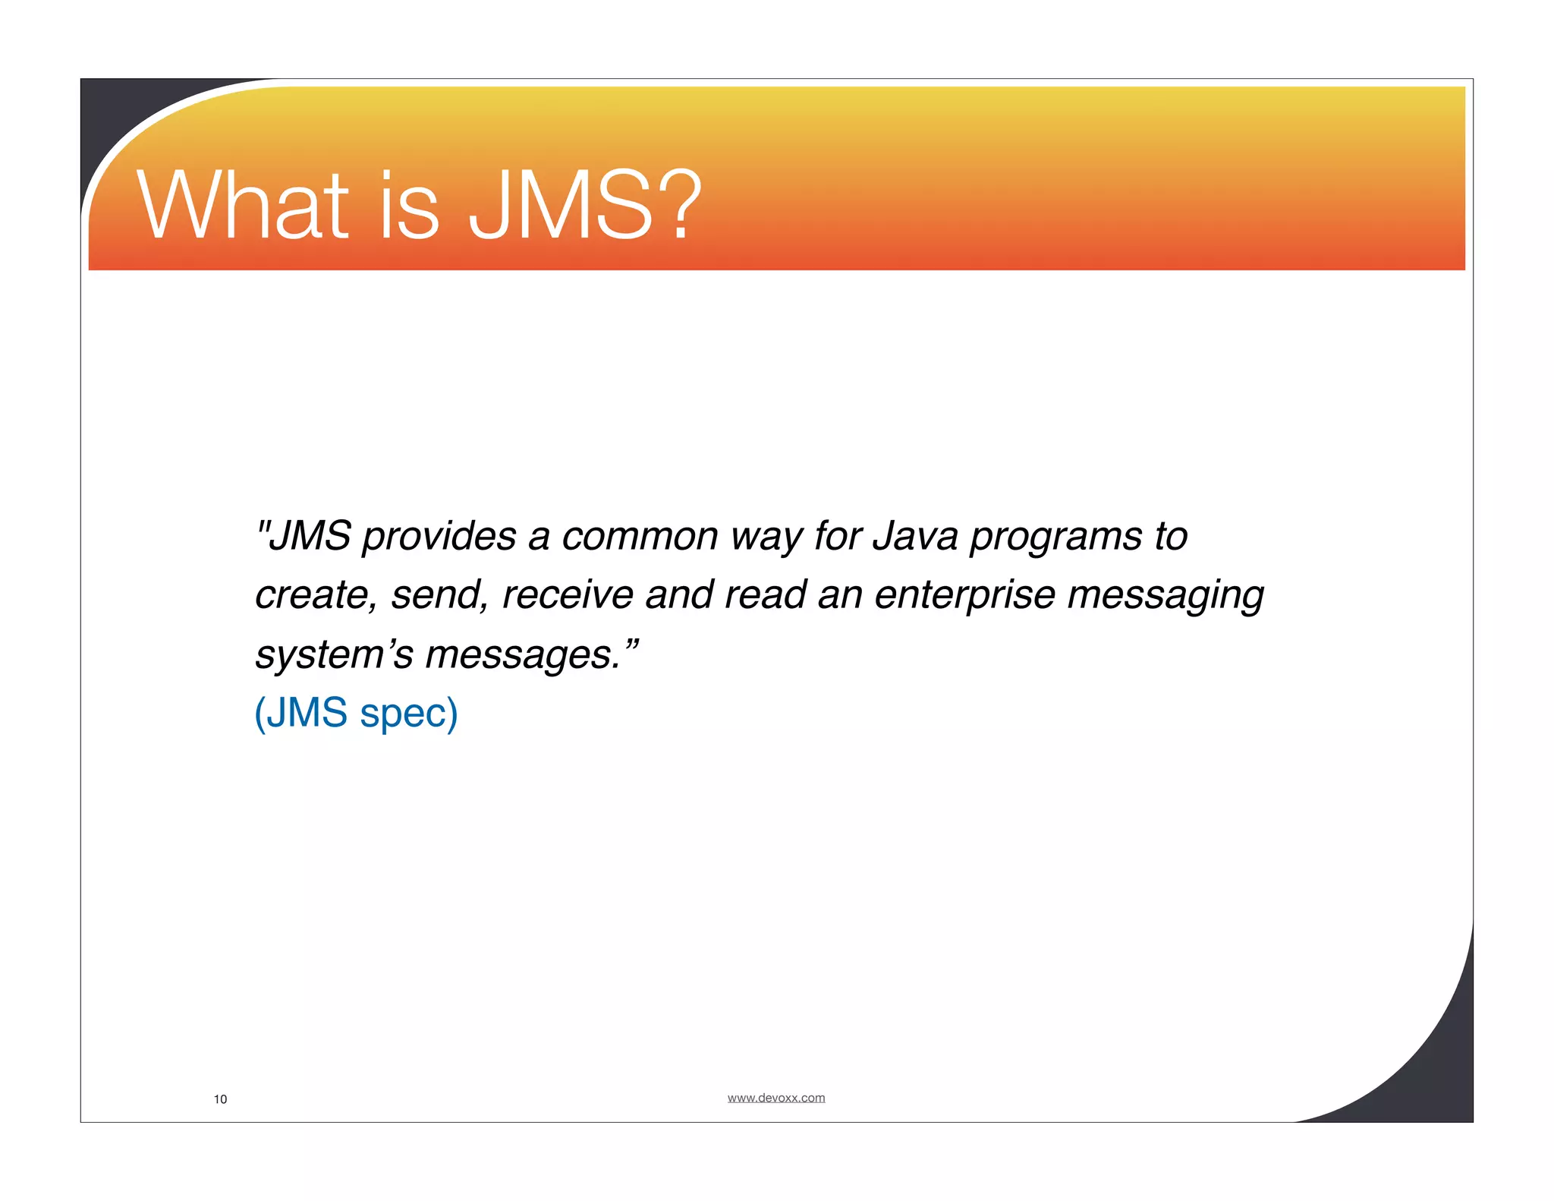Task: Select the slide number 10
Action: (x=220, y=1099)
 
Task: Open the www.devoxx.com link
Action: (x=775, y=1098)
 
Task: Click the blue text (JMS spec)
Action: (x=356, y=713)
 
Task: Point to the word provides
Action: (x=439, y=537)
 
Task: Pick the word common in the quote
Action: (x=639, y=537)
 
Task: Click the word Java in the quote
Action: (x=915, y=537)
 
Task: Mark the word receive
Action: (x=568, y=595)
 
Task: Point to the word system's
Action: (x=334, y=654)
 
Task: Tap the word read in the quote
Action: (x=765, y=595)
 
